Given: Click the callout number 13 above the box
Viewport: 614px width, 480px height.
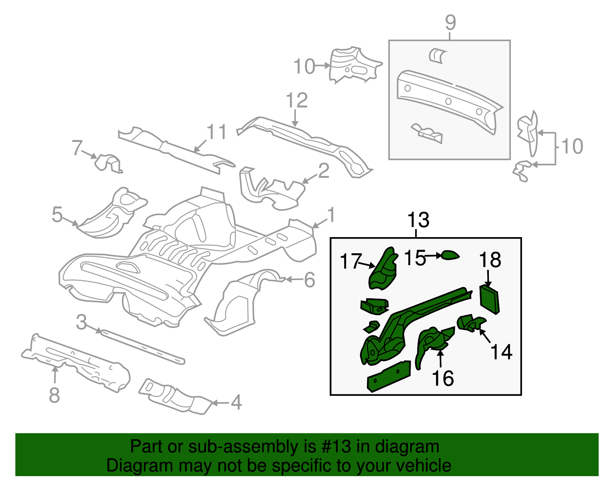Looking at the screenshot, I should tap(418, 220).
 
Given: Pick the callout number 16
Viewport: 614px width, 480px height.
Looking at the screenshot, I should tap(443, 378).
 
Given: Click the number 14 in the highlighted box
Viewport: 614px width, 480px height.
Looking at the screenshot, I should tap(501, 352).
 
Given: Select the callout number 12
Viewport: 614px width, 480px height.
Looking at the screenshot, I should tap(297, 100).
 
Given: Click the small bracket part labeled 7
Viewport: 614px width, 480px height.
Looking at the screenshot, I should tap(108, 163).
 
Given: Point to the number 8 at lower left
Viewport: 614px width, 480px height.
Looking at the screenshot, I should tap(54, 395).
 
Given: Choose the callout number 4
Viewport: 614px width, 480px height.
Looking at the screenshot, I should tap(236, 402).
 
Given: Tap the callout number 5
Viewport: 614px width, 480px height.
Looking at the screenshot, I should tap(57, 214).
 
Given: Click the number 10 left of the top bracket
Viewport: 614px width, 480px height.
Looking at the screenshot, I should tap(304, 66).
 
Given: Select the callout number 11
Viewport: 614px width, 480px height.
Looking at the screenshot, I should tap(217, 132).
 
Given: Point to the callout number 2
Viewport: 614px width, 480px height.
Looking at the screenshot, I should tap(324, 171).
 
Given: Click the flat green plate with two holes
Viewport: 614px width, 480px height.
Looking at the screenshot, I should tap(389, 376).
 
